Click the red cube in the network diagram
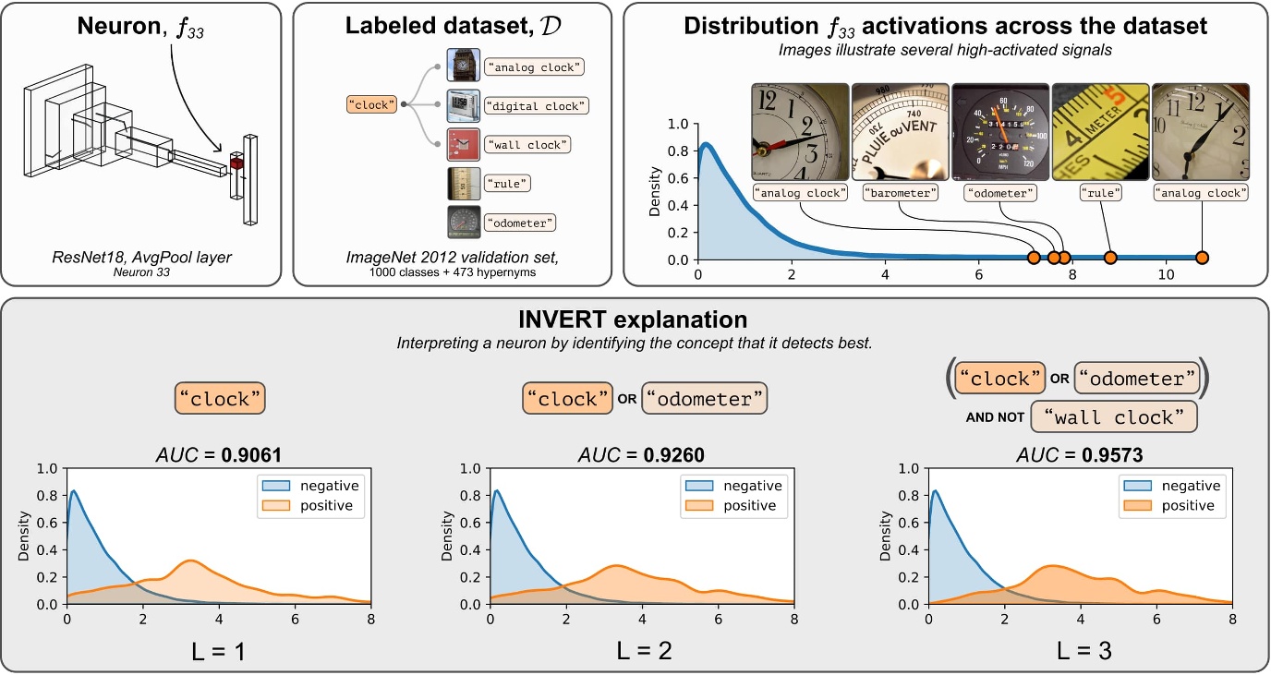pos(236,163)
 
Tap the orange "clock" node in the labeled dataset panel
pos(371,104)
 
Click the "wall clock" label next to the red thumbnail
pos(529,144)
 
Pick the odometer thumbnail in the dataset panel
pos(463,222)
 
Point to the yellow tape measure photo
pos(1100,131)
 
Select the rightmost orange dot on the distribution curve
pos(1202,258)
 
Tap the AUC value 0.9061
pos(248,454)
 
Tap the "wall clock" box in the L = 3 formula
pos(1113,416)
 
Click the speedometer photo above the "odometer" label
pos(999,131)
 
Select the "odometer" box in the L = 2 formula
pos(704,399)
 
